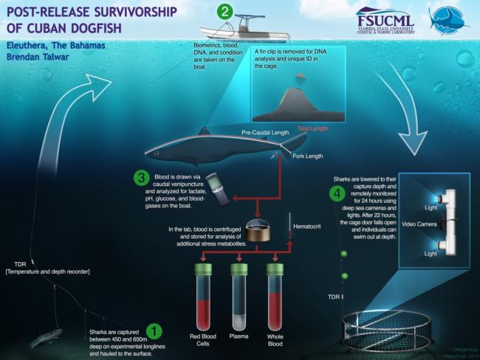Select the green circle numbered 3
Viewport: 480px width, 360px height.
click(139, 179)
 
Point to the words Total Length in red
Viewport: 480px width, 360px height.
click(312, 128)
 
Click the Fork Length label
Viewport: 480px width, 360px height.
click(307, 157)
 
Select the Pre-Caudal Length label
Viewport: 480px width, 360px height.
click(265, 133)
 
